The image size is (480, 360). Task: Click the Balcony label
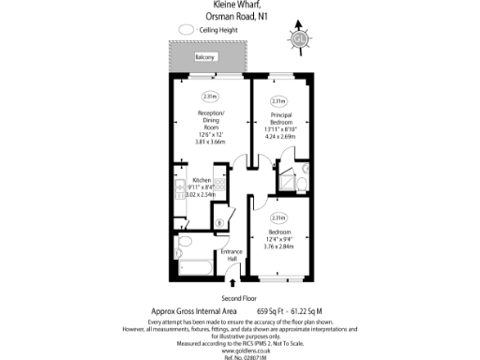206,57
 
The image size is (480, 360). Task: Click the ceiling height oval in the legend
186,30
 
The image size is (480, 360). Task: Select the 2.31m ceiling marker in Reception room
210,96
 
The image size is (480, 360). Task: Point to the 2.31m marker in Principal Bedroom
277,101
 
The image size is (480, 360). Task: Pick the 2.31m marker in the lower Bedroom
277,217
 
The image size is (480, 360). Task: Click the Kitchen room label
202,180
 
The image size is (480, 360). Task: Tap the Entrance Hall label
232,256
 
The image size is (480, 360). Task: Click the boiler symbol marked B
218,222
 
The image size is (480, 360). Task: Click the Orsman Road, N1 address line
240,16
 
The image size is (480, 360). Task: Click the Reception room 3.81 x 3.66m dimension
210,142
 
